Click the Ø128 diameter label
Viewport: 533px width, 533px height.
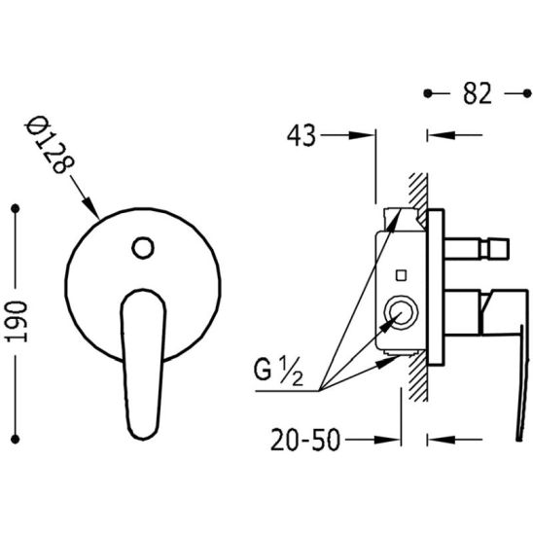50,145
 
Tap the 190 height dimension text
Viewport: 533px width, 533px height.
17,322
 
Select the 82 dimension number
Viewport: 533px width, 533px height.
478,93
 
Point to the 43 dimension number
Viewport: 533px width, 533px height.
302,135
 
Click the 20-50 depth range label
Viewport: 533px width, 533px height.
305,440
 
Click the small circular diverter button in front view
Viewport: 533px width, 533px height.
143,248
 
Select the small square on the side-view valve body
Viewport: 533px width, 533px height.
401,275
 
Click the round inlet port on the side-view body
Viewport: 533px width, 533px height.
401,312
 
